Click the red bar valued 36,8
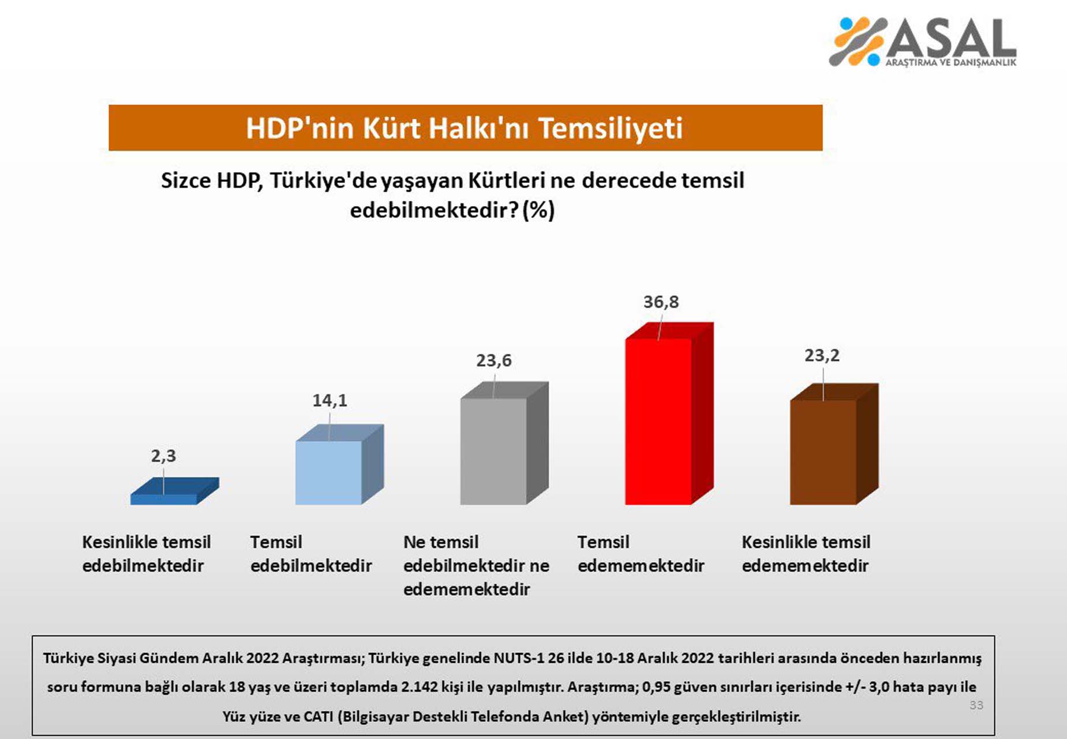pos(658,421)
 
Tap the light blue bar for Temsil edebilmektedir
pos(328,472)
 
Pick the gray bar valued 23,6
pos(493,450)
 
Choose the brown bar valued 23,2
pos(823,452)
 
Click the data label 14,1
pos(330,400)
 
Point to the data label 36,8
pos(661,302)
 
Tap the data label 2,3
pos(163,456)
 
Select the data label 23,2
pos(822,356)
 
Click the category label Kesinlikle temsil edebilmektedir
pos(146,554)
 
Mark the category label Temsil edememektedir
pos(641,554)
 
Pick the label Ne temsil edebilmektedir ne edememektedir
pos(476,565)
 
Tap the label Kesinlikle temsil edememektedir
pos(806,554)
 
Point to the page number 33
pos(976,705)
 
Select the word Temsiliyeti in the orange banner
pos(611,128)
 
